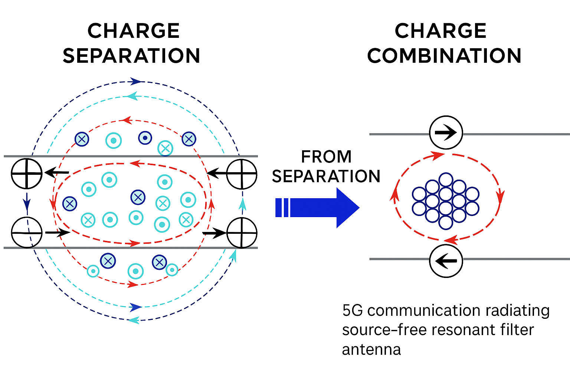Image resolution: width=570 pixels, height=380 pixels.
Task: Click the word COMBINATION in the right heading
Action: point(444,56)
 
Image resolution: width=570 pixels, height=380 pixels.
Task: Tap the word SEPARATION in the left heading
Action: point(131,56)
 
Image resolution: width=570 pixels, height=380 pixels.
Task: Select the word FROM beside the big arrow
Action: point(326,157)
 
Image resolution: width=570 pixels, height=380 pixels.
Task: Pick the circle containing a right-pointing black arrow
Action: point(446,132)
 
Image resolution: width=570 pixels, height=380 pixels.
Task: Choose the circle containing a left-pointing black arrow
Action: point(446,261)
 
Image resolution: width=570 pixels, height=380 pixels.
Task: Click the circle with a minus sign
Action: point(27,233)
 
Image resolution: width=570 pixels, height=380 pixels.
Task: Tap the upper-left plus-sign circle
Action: point(27,173)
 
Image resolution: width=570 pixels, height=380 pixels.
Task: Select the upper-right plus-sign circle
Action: point(242,174)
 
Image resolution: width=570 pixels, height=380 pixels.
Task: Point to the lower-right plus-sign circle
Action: point(242,233)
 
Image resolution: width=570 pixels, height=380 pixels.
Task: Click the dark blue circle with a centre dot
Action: point(145,138)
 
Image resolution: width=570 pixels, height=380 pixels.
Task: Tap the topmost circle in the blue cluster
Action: point(445,180)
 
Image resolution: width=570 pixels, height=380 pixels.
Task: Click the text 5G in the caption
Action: point(352,311)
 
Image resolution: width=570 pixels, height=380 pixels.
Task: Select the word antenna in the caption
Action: point(371,350)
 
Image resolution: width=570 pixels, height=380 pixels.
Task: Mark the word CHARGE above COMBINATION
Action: point(440,31)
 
